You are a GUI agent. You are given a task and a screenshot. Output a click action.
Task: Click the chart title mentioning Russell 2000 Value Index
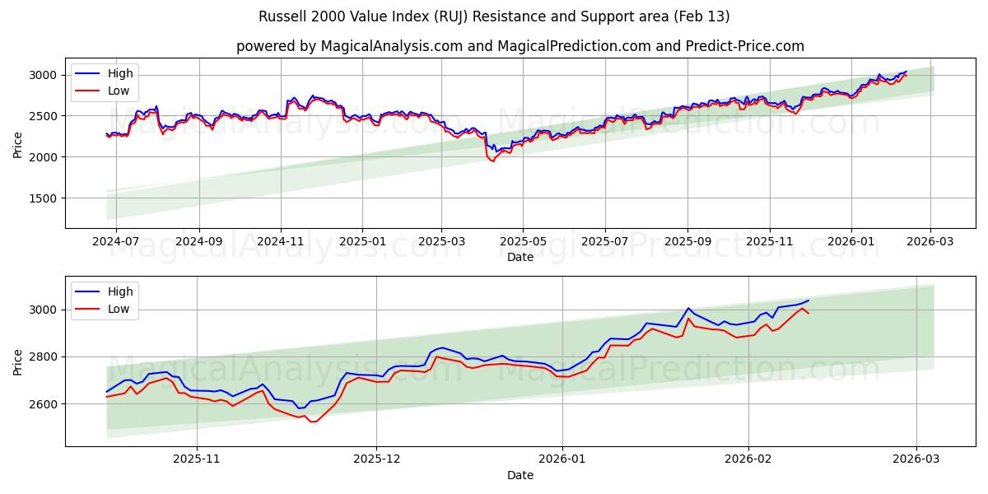[x=494, y=16]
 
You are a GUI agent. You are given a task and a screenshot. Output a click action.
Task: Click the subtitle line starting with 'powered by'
[x=520, y=46]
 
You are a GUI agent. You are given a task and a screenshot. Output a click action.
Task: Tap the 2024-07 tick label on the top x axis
[x=115, y=241]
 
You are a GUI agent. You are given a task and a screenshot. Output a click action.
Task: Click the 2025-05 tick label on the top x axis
[x=523, y=241]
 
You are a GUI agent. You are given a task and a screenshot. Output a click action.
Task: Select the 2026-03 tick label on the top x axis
[x=930, y=241]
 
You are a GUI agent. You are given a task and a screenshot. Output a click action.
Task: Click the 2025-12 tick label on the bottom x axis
[x=376, y=459]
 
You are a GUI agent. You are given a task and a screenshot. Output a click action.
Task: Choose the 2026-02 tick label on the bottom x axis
[x=748, y=459]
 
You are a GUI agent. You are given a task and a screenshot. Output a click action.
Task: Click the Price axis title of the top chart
[x=18, y=144]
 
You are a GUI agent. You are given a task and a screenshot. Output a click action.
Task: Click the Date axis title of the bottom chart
[x=520, y=475]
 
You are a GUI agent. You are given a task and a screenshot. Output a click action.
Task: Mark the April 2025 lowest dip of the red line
[x=493, y=161]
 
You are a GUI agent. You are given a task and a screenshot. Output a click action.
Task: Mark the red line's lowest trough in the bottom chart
[x=312, y=422]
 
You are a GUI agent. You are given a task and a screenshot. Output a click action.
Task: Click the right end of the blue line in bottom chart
[x=809, y=301]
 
